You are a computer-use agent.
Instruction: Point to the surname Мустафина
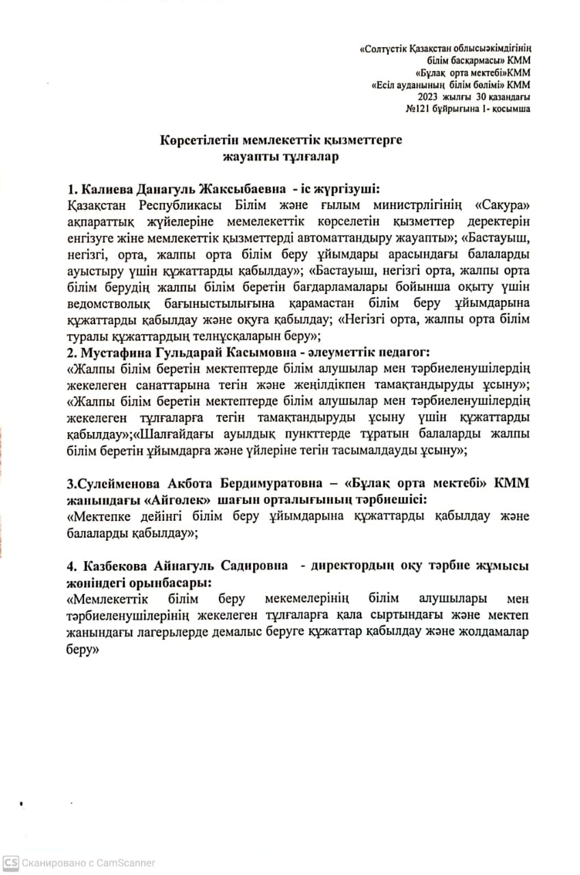click(x=114, y=353)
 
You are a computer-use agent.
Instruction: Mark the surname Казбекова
click(x=112, y=566)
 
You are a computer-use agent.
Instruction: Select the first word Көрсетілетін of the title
click(x=204, y=139)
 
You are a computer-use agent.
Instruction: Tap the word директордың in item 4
click(x=354, y=566)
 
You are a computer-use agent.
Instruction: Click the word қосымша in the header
click(x=508, y=109)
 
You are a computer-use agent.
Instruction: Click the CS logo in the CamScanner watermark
click(x=12, y=863)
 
